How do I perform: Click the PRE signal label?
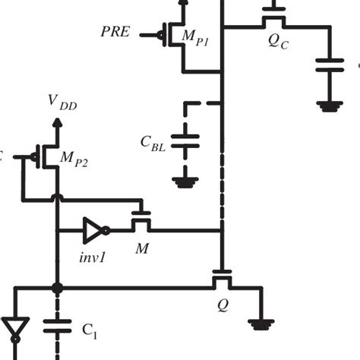point(115,32)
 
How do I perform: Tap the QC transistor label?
point(278,43)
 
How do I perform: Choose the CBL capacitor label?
point(153,144)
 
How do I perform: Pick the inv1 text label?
point(92,257)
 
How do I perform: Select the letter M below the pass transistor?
point(141,249)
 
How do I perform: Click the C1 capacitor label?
point(90,331)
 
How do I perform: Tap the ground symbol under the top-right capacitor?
point(329,106)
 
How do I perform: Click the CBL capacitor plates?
point(182,140)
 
